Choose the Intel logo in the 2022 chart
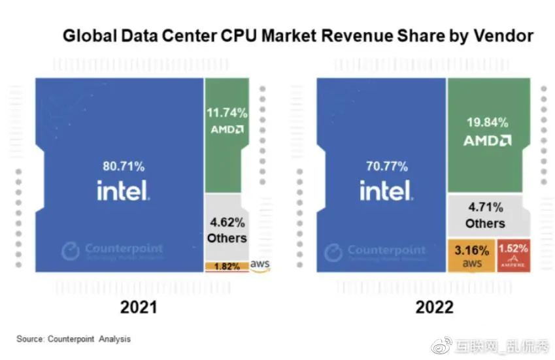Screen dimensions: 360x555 [385, 190]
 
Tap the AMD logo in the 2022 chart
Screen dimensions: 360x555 [487, 140]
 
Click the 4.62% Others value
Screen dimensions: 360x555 [227, 221]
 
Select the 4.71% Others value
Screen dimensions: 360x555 [485, 208]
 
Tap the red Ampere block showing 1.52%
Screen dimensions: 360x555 [513, 255]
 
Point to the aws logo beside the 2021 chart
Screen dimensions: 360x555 [260, 264]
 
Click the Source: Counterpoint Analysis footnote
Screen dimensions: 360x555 [73, 339]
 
